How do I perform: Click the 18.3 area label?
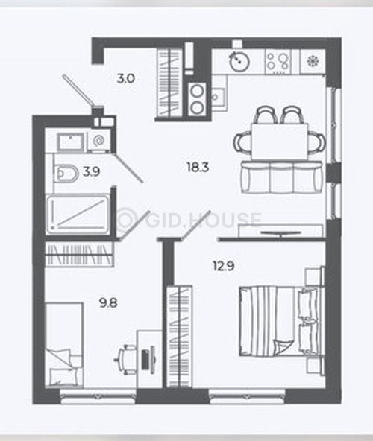(x=198, y=168)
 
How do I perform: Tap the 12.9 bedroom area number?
(x=224, y=266)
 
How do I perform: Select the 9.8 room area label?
(x=108, y=303)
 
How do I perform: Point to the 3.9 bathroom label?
(x=92, y=171)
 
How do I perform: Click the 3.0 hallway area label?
(x=126, y=78)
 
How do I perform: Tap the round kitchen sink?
(x=239, y=60)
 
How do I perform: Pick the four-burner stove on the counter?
(x=278, y=62)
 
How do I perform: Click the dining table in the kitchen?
(x=279, y=142)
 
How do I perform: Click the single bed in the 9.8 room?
(x=64, y=345)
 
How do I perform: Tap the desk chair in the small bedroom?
(x=125, y=359)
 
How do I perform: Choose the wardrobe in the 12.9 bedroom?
(x=180, y=337)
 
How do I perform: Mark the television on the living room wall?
(x=280, y=232)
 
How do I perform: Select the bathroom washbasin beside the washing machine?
(x=71, y=142)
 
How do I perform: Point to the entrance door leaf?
(x=78, y=90)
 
